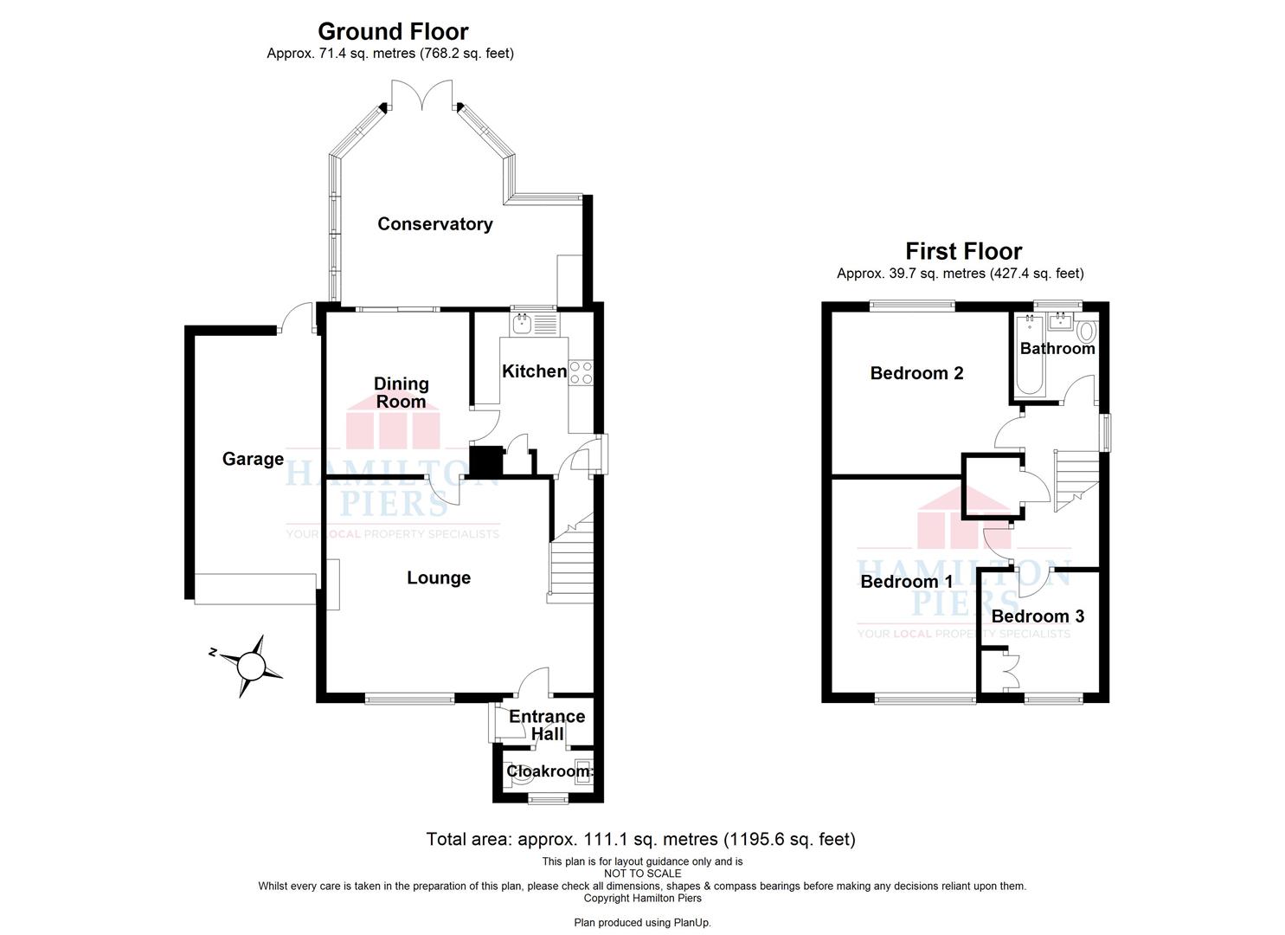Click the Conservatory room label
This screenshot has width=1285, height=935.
point(435,224)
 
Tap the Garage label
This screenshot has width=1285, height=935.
point(253,459)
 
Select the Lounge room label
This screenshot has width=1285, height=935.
point(439,577)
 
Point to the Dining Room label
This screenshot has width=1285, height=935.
point(401,392)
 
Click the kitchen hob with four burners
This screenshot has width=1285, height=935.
point(581,372)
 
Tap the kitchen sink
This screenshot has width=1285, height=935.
point(534,325)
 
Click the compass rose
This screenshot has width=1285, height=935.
point(251,666)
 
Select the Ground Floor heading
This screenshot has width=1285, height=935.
point(393,31)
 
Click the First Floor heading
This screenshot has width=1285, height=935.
point(964,251)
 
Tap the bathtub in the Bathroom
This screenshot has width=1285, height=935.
point(1030,356)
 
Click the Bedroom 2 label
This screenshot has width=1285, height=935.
point(916,373)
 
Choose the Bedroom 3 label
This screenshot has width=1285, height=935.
point(1038,616)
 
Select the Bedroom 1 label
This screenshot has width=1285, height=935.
point(906,582)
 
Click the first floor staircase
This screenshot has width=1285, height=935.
point(1076,481)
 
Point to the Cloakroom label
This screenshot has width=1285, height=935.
point(549,771)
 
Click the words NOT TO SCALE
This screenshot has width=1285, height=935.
point(642,874)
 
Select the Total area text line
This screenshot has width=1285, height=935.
point(641,839)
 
